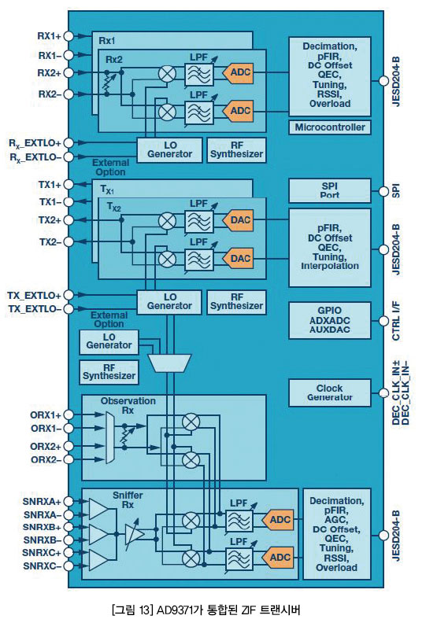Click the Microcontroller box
pos(330,127)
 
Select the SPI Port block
pos(330,190)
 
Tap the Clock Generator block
pos(330,392)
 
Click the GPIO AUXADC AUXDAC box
pos(330,321)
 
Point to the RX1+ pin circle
pos(69,36)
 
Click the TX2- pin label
pos(50,241)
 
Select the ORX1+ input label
pos(46,415)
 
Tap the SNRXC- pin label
pos(42,566)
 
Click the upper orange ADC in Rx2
pos(238,72)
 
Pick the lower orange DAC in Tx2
pos(238,259)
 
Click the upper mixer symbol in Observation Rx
pos(191,422)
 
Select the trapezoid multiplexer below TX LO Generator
pos(169,363)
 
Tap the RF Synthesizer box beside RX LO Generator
pos(236,150)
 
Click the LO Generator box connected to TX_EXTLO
pos(169,301)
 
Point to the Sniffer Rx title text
pos(128,499)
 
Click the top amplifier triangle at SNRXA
pos(98,508)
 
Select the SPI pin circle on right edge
pos(383,191)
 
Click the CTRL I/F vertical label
pos(395,321)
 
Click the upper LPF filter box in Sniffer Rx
pos(239,521)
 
